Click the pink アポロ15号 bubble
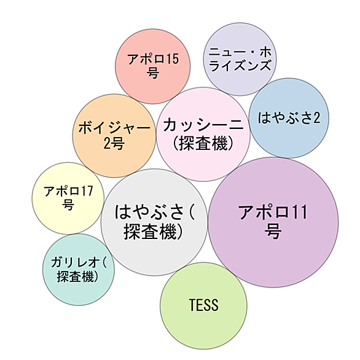pyautogui.click(x=153, y=66)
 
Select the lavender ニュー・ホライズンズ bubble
pyautogui.click(x=240, y=59)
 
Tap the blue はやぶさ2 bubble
pyautogui.click(x=289, y=118)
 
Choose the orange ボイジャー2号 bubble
pyautogui.click(x=114, y=136)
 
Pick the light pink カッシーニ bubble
pyautogui.click(x=203, y=135)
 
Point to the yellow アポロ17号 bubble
pyautogui.click(x=68, y=198)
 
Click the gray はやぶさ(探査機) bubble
pyautogui.click(x=154, y=222)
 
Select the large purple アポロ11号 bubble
pyautogui.click(x=273, y=222)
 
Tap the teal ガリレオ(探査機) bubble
pyautogui.click(x=79, y=270)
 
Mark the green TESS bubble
pyautogui.click(x=203, y=306)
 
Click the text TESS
pyautogui.click(x=203, y=305)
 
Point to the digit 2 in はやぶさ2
pyautogui.click(x=316, y=118)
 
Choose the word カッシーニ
pyautogui.click(x=203, y=125)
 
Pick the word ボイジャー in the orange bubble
pyautogui.click(x=114, y=128)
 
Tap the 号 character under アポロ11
pyautogui.click(x=273, y=231)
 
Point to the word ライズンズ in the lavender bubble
pyautogui.click(x=240, y=66)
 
